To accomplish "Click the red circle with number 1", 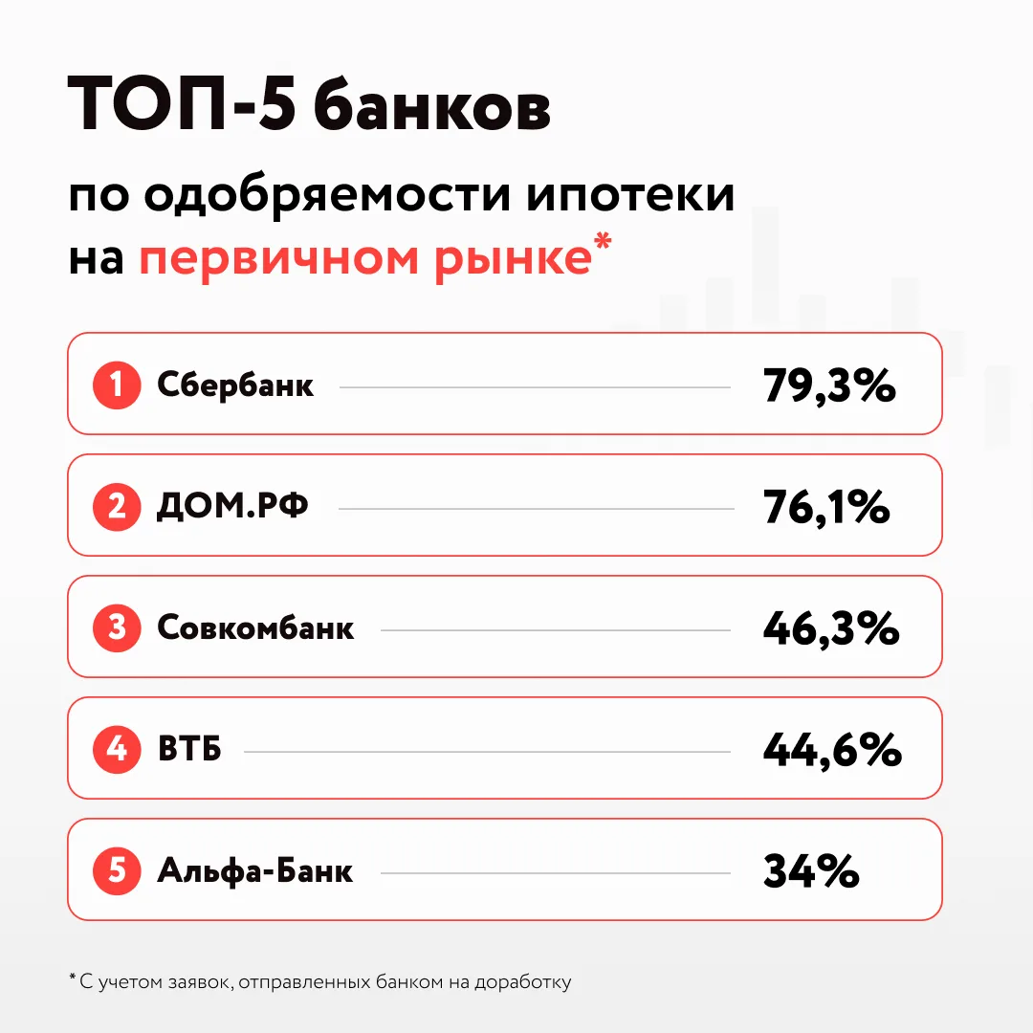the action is click(x=117, y=385).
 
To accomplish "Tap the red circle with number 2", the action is click(x=117, y=507).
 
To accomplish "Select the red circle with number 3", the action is click(x=117, y=627).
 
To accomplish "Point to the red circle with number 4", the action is click(x=117, y=749).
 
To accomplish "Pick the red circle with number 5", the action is click(x=117, y=870).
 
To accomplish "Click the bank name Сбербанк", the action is click(x=235, y=385).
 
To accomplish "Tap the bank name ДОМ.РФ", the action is click(x=231, y=506).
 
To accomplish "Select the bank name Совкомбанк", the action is click(x=255, y=627).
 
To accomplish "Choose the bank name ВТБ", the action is click(x=189, y=749).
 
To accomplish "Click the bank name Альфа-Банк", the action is click(x=255, y=870).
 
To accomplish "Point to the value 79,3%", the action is click(x=829, y=386).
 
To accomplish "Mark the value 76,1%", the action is click(x=826, y=507).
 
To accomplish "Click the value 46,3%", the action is click(x=831, y=628).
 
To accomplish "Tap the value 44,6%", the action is click(x=833, y=750).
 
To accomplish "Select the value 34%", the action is click(x=811, y=871).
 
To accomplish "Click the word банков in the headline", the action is click(x=431, y=105).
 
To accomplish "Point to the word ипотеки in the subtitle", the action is click(x=630, y=196).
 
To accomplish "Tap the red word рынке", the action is click(x=514, y=259).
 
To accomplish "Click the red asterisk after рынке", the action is click(x=603, y=240).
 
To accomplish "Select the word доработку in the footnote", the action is click(x=523, y=982).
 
